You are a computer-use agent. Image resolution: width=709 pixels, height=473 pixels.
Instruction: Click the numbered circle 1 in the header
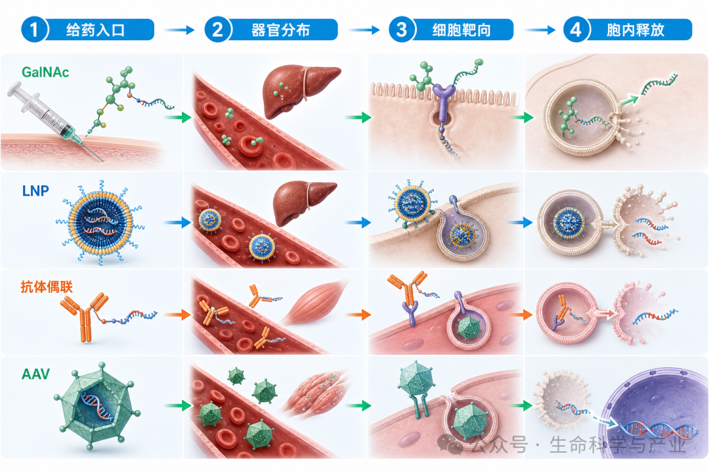click(34, 30)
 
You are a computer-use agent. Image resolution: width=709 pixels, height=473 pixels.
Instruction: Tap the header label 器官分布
click(281, 30)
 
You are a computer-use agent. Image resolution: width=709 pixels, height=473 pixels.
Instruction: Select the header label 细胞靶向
click(462, 30)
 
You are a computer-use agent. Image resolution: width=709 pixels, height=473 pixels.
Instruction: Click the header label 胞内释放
click(635, 30)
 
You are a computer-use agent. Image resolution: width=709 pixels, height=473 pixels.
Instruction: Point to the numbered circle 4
click(576, 30)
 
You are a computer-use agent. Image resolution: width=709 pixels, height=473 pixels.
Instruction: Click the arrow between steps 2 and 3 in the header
click(364, 30)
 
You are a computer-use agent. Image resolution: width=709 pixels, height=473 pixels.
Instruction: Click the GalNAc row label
click(45, 72)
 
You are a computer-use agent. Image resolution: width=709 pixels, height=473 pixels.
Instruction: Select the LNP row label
click(35, 191)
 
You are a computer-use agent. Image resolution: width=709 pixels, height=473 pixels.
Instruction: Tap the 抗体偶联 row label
click(47, 286)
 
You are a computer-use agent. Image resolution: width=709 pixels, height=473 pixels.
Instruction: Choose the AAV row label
click(35, 374)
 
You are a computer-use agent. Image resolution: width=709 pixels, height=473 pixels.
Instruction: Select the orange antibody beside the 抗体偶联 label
click(85, 316)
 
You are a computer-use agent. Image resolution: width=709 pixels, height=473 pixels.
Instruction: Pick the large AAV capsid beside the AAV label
click(97, 405)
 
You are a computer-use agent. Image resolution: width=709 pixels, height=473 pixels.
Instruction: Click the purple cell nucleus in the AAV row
click(656, 412)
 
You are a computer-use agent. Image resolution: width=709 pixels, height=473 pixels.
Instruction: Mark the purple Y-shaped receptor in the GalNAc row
click(443, 101)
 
